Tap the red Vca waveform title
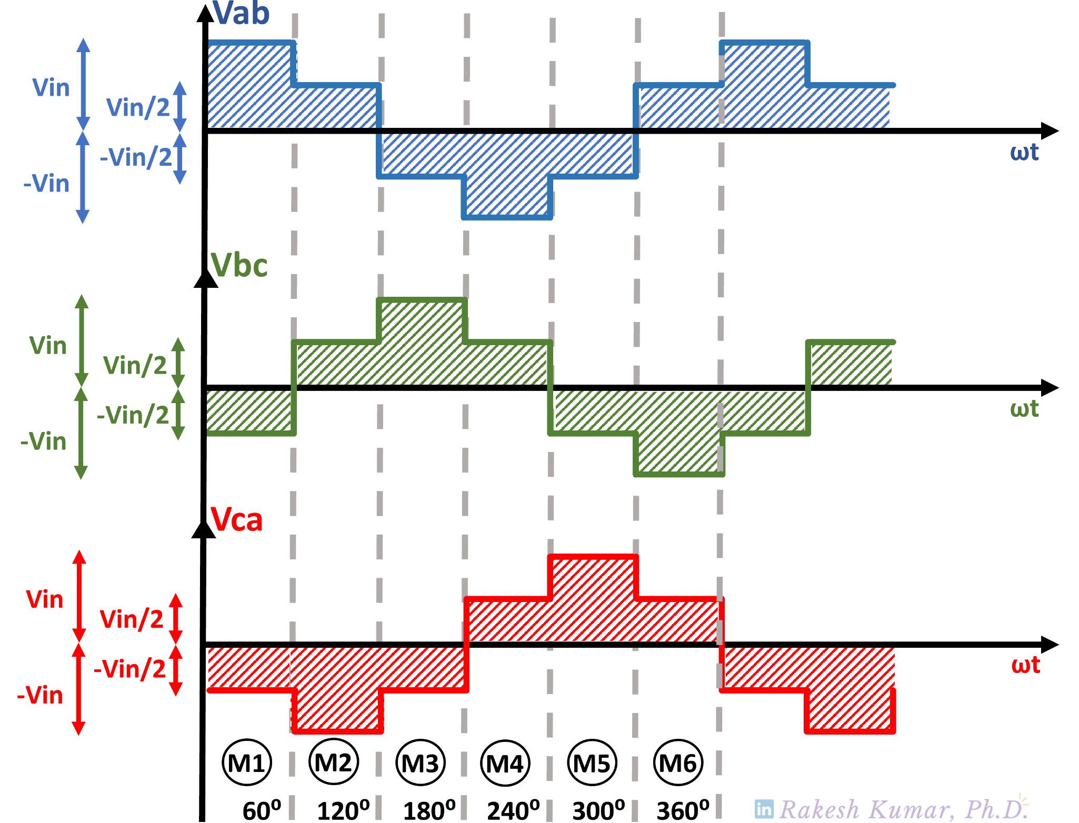pos(236,520)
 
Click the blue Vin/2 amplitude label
pos(138,107)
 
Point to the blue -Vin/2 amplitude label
pos(136,157)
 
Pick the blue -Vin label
pos(46,183)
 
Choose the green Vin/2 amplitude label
pos(135,365)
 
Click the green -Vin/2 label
pos(133,415)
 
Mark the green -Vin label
pos(43,441)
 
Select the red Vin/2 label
pos(131,619)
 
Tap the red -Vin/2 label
pos(129,669)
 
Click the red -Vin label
pos(40,695)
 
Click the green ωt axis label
pos(1024,409)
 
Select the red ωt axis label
pos(1025,665)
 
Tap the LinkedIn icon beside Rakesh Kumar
pos(764,809)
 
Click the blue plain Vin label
pos(51,87)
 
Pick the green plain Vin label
pos(48,346)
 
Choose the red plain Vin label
pos(45,599)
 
